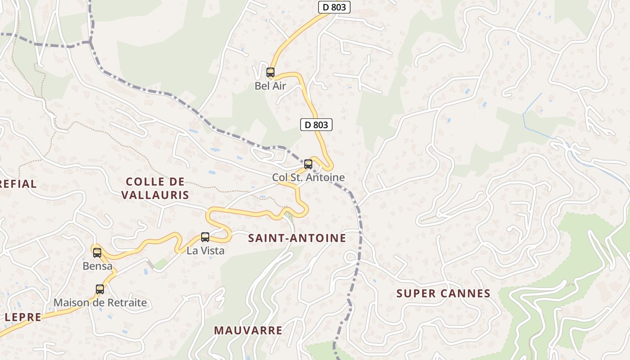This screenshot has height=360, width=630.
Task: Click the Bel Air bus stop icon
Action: point(270,72)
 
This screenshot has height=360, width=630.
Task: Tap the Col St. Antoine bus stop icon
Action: point(308,164)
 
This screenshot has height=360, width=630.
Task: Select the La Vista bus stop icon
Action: point(205,237)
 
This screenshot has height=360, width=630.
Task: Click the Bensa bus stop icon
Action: point(97,252)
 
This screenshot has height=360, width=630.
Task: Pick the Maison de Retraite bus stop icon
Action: point(100,289)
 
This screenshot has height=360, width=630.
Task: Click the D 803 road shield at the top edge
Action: point(334,7)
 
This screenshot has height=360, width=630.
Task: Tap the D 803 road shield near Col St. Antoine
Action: point(316,125)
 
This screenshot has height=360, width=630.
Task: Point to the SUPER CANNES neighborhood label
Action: point(443,294)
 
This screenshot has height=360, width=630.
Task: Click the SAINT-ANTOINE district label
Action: point(297,238)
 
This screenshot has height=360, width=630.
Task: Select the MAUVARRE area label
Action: point(248,330)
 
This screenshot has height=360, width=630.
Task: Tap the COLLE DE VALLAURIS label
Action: point(155,188)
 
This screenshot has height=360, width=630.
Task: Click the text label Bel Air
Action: point(270,86)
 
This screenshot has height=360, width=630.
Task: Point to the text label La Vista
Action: point(205,251)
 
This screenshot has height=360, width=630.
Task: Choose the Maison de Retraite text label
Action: point(100,302)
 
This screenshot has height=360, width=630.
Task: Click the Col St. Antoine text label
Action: point(308,177)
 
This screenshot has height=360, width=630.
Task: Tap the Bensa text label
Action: point(97,266)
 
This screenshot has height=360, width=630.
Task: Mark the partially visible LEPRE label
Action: point(22,317)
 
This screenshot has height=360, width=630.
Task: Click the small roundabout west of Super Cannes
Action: point(351,257)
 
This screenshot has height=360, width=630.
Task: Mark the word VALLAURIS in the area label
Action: point(155,195)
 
